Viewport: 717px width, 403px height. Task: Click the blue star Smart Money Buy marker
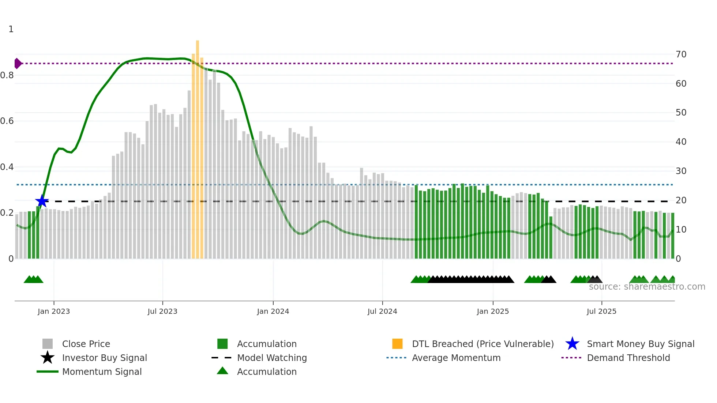coord(42,201)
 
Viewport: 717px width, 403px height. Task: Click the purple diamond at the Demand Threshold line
coord(18,63)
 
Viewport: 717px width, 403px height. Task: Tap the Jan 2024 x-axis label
coord(273,311)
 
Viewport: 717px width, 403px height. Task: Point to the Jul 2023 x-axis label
coord(162,311)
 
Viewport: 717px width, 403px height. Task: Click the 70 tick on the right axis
coord(681,54)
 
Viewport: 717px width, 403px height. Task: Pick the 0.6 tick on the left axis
coord(7,121)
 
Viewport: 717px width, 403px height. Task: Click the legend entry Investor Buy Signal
coord(104,358)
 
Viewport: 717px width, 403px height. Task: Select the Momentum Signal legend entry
coord(102,372)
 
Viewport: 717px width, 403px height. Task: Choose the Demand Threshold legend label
coord(628,358)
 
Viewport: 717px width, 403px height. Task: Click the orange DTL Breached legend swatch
coord(397,344)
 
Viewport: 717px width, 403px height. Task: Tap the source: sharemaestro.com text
coord(647,287)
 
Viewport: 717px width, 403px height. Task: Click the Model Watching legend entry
coord(272,358)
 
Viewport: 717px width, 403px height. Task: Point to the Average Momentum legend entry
coord(456,358)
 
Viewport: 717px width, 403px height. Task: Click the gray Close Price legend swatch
coord(48,344)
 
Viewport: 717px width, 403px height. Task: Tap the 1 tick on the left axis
coord(11,29)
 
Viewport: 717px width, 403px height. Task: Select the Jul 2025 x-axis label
coord(601,311)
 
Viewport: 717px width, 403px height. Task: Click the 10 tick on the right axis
coord(681,230)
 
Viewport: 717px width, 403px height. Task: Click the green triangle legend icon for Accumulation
coord(222,371)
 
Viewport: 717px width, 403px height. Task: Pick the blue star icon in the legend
coord(572,344)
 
